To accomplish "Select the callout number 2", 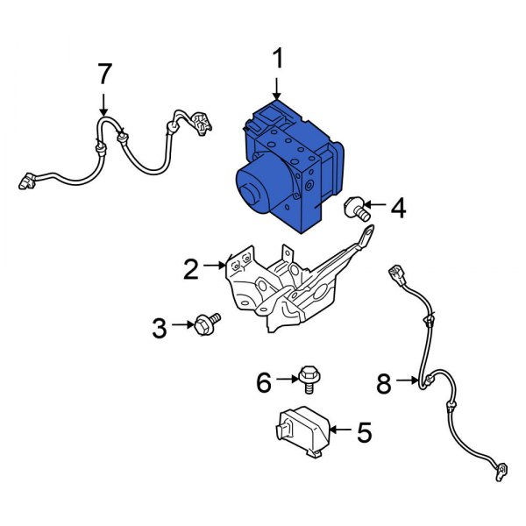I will coord(191,269).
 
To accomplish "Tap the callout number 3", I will coord(159,329).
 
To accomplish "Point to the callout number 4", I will coord(398,209).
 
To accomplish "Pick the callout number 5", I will coord(364,431).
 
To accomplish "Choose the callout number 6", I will coord(263,381).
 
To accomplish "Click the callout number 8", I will coord(383,382).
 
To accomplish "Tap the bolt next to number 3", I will coord(209,324).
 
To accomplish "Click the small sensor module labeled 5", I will coord(302,431).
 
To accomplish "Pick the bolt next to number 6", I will coord(307,377).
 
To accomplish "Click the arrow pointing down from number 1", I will coord(277,86).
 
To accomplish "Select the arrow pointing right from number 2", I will coord(215,263).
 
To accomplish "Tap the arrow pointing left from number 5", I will coord(340,431).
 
